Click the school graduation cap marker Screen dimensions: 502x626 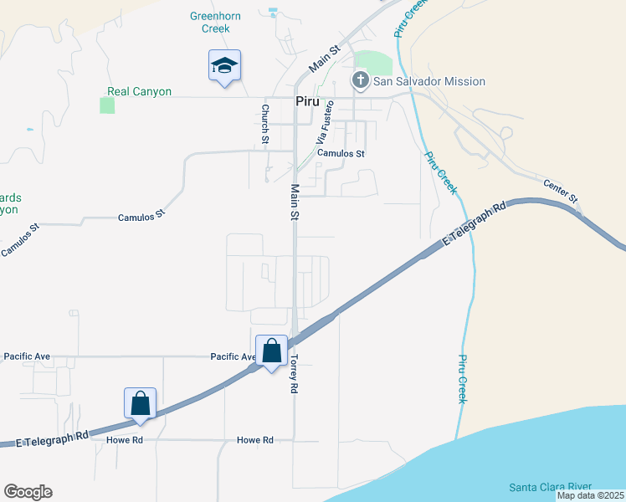point(223,65)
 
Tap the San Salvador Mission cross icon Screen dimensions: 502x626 point(361,81)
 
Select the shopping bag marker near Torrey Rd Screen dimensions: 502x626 point(272,351)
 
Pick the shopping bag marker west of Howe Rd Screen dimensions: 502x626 point(140,402)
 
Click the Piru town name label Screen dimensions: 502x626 point(308,100)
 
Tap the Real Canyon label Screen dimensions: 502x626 point(139,92)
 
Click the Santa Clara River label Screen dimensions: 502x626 point(551,487)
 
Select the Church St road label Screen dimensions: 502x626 point(264,123)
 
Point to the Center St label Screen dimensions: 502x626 point(561,191)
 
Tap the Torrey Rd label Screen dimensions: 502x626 point(294,373)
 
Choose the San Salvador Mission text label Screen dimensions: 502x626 point(429,81)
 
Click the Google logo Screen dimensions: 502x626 point(28,492)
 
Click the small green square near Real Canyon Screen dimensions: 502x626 point(107,105)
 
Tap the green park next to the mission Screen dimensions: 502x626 point(377,64)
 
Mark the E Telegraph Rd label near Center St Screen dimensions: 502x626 point(475,224)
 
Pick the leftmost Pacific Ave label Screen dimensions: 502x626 point(27,356)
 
